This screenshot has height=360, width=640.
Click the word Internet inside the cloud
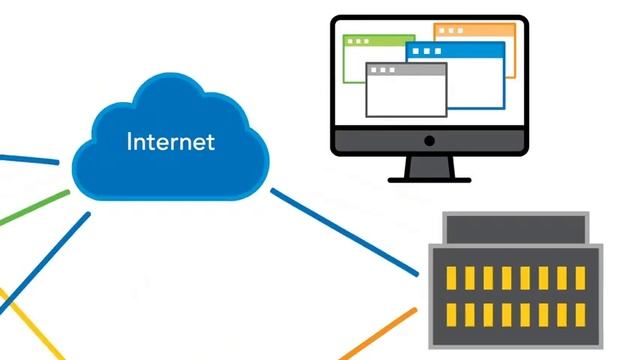[x=170, y=141]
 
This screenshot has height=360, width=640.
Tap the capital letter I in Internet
[x=130, y=141]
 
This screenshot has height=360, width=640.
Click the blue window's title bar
[x=455, y=49]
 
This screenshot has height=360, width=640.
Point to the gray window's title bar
[x=405, y=70]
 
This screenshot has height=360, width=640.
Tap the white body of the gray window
[x=405, y=96]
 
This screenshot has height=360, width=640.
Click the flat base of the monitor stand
[x=429, y=178]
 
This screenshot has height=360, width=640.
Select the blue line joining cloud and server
[x=345, y=231]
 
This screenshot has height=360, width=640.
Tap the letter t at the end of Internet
[x=210, y=141]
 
